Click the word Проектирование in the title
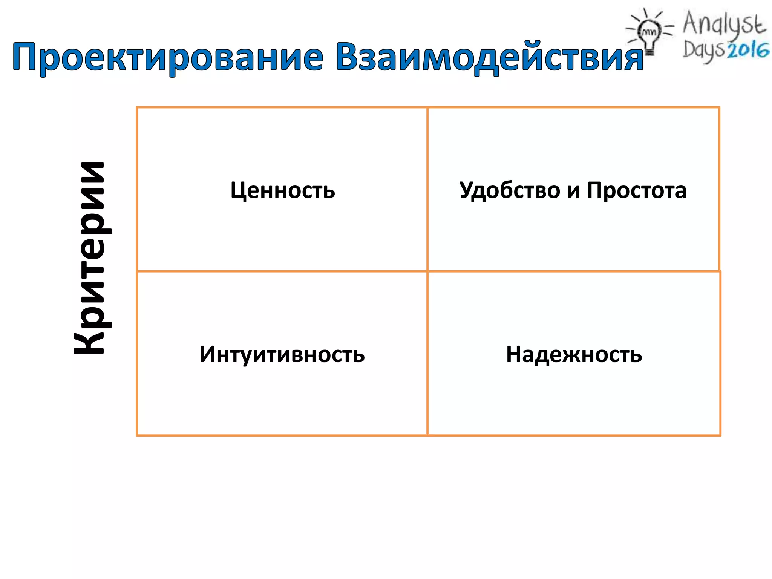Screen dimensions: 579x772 click(168, 57)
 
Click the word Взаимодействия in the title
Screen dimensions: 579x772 click(489, 57)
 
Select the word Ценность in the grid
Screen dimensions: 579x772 click(282, 190)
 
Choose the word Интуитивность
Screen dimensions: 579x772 click(282, 354)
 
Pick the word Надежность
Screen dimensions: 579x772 click(574, 354)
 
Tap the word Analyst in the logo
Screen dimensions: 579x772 click(724, 23)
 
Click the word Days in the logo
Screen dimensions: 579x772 click(703, 51)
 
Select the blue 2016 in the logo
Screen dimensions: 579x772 click(748, 51)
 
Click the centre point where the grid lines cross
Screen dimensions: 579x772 click(427, 271)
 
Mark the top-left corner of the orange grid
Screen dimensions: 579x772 click(137, 107)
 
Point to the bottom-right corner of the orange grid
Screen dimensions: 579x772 click(720, 435)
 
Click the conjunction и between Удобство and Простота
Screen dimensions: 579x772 click(573, 190)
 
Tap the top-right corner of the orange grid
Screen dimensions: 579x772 click(719, 107)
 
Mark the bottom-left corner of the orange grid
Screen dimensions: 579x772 click(137, 435)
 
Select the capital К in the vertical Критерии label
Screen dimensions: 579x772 click(89, 341)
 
